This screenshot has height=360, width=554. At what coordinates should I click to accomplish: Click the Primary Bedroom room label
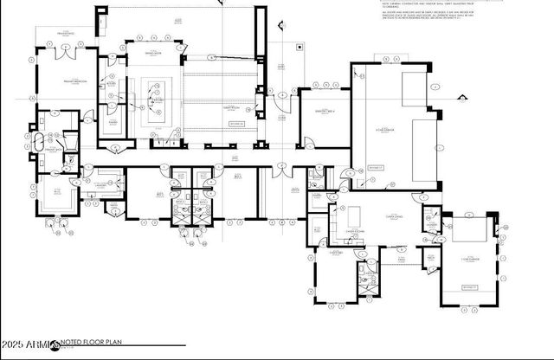[x=67, y=81]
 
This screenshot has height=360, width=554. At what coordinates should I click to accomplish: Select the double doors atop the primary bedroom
[x=65, y=50]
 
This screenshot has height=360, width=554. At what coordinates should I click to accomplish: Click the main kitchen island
[x=156, y=97]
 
